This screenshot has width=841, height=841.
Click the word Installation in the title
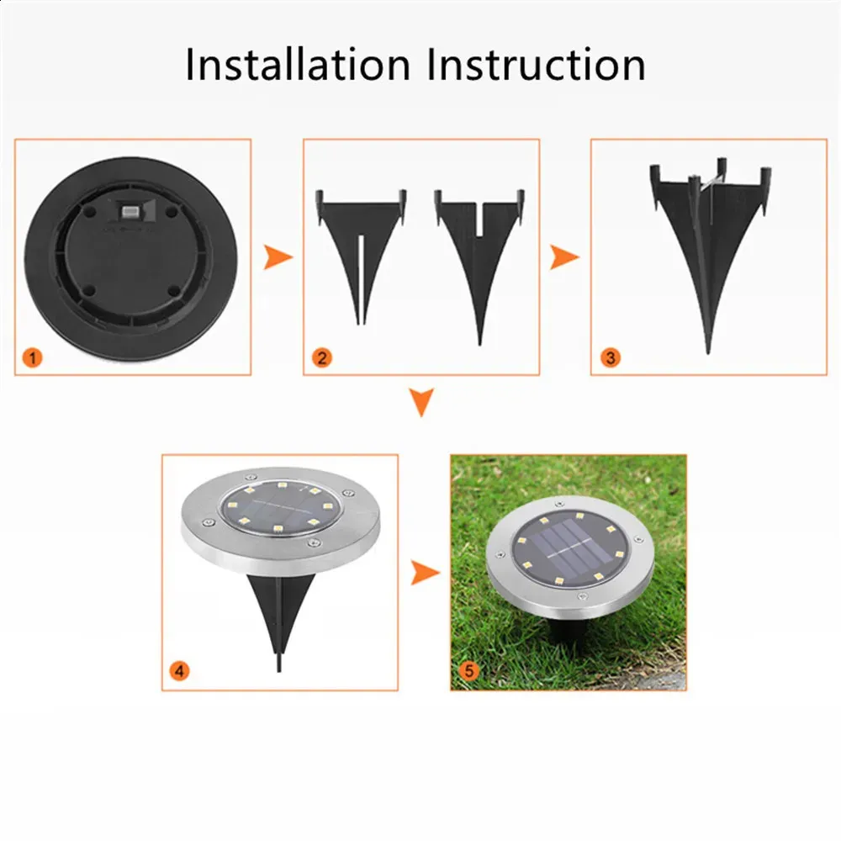(298, 65)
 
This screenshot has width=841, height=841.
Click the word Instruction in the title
(537, 65)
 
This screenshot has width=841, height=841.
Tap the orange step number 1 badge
(33, 357)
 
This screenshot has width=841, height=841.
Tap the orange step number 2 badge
(321, 357)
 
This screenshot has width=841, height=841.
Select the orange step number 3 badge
(610, 357)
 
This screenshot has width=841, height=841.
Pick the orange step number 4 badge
(180, 670)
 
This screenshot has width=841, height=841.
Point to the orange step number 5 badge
(469, 670)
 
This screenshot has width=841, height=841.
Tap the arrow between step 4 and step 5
(425, 572)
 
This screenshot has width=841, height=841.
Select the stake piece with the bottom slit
(361, 257)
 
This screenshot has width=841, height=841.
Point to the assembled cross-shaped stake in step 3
(709, 256)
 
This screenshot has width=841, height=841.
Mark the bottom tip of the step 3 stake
(708, 352)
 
